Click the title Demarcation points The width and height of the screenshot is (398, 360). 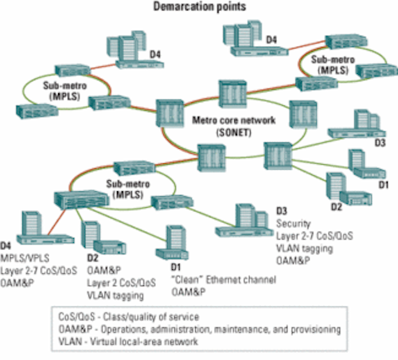pyautogui.click(x=200, y=6)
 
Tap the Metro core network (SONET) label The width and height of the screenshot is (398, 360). pyautogui.click(x=234, y=126)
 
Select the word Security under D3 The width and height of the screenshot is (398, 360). pyautogui.click(x=293, y=224)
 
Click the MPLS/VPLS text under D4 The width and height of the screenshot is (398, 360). pyautogui.click(x=25, y=258)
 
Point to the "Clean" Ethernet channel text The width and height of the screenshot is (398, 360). pyautogui.click(x=224, y=280)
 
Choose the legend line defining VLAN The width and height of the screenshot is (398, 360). pyautogui.click(x=128, y=342)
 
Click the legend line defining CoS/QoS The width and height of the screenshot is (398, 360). pyautogui.click(x=129, y=317)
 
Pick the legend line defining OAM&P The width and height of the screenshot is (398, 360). pyautogui.click(x=200, y=329)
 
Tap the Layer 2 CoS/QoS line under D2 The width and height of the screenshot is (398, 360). pyautogui.click(x=121, y=283)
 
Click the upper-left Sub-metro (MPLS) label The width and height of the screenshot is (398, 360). pyautogui.click(x=64, y=91)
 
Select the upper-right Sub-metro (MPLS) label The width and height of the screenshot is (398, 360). pyautogui.click(x=333, y=65)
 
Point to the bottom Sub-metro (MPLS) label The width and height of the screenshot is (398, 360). pyautogui.click(x=128, y=189)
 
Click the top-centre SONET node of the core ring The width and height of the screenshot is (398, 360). pyautogui.click(x=232, y=94)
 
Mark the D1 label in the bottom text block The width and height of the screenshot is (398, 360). pyautogui.click(x=176, y=268)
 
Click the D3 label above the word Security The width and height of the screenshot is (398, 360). pyautogui.click(x=282, y=211)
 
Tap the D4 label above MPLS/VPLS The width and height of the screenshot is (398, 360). pyautogui.click(x=6, y=245)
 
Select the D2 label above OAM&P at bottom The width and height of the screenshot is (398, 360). pyautogui.click(x=92, y=258)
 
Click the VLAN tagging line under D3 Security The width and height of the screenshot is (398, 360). pyautogui.click(x=304, y=248)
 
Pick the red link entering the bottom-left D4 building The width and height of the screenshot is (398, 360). pyautogui.click(x=57, y=221)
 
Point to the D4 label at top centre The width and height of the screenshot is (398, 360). pyautogui.click(x=271, y=40)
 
